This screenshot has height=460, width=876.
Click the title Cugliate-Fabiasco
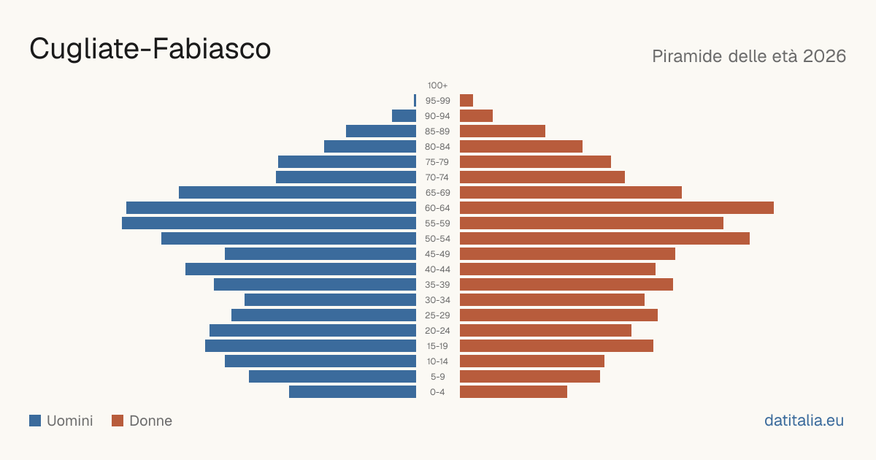pyautogui.click(x=150, y=50)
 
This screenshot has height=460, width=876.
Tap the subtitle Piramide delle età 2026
pyautogui.click(x=749, y=56)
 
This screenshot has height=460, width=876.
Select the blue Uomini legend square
pyautogui.click(x=35, y=421)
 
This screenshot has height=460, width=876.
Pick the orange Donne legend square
pyautogui.click(x=118, y=421)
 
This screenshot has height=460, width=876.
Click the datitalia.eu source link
pyautogui.click(x=804, y=421)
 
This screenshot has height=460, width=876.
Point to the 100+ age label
pyautogui.click(x=437, y=85)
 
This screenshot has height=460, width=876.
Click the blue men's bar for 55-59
pyautogui.click(x=269, y=223)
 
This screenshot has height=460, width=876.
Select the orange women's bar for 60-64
pyautogui.click(x=617, y=207)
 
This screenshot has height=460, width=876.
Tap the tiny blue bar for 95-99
pyautogui.click(x=415, y=101)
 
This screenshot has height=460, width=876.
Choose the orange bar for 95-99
pyautogui.click(x=466, y=101)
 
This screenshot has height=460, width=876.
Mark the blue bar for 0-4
pyautogui.click(x=353, y=392)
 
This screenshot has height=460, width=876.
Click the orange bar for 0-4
pyautogui.click(x=513, y=392)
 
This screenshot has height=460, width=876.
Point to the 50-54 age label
pyautogui.click(x=437, y=239)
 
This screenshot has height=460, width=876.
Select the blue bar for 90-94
pyautogui.click(x=404, y=116)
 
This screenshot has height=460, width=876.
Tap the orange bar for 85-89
pyautogui.click(x=502, y=131)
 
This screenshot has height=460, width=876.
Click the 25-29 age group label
pyautogui.click(x=437, y=315)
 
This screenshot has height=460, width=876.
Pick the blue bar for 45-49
pyautogui.click(x=320, y=254)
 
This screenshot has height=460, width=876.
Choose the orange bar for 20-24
pyautogui.click(x=545, y=331)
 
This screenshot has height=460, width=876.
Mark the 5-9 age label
pyautogui.click(x=437, y=377)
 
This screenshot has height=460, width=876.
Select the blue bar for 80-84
pyautogui.click(x=370, y=146)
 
